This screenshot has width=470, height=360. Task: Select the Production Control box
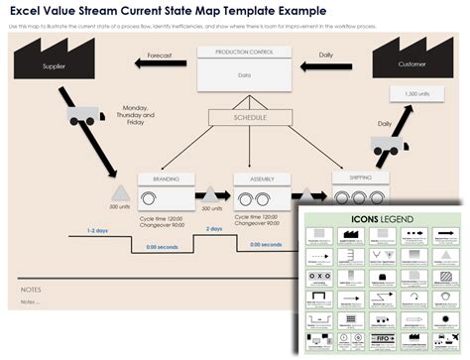pyautogui.click(x=236, y=66)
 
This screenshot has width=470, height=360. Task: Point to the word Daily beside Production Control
pyautogui.click(x=325, y=56)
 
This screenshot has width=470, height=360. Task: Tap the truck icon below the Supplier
pyautogui.click(x=85, y=115)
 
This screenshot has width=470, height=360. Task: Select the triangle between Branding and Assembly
pyautogui.click(x=211, y=193)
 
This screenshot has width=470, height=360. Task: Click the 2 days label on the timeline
pyautogui.click(x=214, y=229)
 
